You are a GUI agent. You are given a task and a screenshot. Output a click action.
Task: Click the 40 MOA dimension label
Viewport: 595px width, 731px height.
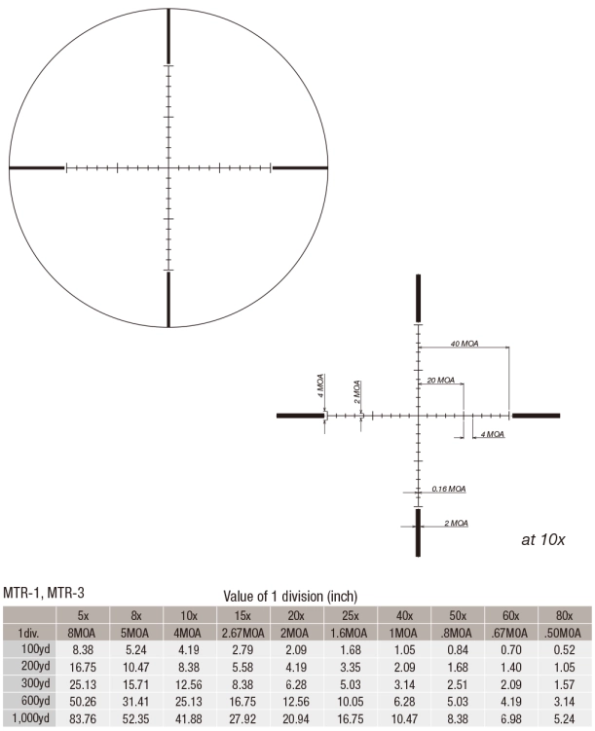[465, 344]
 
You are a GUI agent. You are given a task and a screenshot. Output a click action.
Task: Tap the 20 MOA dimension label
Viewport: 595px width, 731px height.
[441, 380]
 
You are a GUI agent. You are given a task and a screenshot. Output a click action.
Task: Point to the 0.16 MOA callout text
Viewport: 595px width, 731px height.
[449, 489]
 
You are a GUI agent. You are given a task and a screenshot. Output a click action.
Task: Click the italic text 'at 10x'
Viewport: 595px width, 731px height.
[542, 539]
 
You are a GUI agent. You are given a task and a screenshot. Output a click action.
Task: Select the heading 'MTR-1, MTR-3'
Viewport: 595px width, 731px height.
[44, 593]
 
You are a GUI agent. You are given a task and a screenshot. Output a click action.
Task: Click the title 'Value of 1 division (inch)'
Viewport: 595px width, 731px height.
[290, 596]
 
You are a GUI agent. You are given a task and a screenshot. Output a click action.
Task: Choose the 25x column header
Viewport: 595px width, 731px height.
[351, 616]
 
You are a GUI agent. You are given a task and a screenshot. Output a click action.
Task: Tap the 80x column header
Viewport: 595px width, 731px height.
[564, 616]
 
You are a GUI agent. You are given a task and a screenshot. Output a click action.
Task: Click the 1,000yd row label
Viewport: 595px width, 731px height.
[30, 718]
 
